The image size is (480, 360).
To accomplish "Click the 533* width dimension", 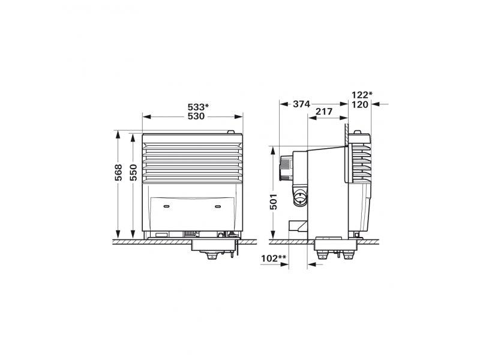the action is [198, 107].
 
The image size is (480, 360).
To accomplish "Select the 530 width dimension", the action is [196, 116].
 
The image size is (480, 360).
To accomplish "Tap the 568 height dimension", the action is [118, 172].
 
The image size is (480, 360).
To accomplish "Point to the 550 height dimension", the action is [133, 172].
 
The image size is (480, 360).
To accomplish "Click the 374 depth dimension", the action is [302, 104].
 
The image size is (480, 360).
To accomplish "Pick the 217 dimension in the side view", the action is [324, 112].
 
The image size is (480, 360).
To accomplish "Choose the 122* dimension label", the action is [362, 95].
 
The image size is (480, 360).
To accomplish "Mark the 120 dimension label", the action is [360, 104].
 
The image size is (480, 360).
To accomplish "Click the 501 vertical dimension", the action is [274, 202].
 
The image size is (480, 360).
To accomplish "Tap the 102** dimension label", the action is [274, 259].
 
